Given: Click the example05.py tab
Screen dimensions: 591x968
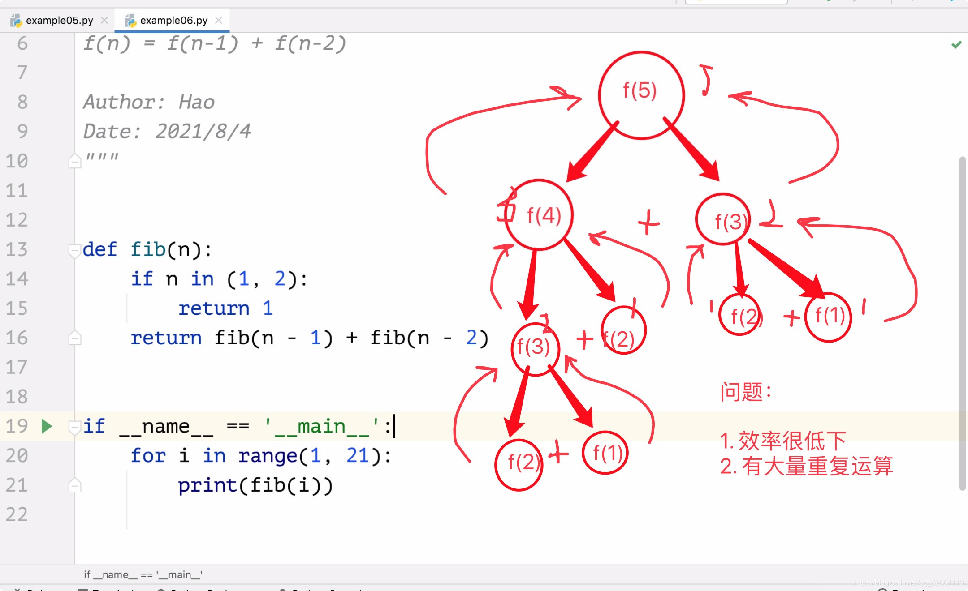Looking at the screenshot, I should (59, 21).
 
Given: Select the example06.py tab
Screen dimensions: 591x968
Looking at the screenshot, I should (173, 21).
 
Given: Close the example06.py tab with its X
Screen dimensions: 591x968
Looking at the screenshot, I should (219, 20).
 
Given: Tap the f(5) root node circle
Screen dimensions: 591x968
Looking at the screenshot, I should (641, 95).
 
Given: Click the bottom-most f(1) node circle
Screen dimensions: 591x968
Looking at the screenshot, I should (605, 453).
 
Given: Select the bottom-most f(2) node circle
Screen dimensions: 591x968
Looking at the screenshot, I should (519, 464).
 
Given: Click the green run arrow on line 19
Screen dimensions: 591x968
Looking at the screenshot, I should (47, 426).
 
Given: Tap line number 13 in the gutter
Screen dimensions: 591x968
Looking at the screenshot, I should (17, 249).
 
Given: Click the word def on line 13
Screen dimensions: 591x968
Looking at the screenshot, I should (99, 249).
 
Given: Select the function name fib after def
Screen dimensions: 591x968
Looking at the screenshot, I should (148, 249).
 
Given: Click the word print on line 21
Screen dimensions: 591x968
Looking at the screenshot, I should (207, 485).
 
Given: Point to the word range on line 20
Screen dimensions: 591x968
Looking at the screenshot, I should (268, 456).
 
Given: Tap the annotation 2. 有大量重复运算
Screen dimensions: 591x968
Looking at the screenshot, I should (807, 466).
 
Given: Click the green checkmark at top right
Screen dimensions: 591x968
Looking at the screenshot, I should (956, 45).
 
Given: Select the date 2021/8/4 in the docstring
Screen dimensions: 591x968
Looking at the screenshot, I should (203, 132).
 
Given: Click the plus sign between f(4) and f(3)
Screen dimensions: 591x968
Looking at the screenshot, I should (648, 222).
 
